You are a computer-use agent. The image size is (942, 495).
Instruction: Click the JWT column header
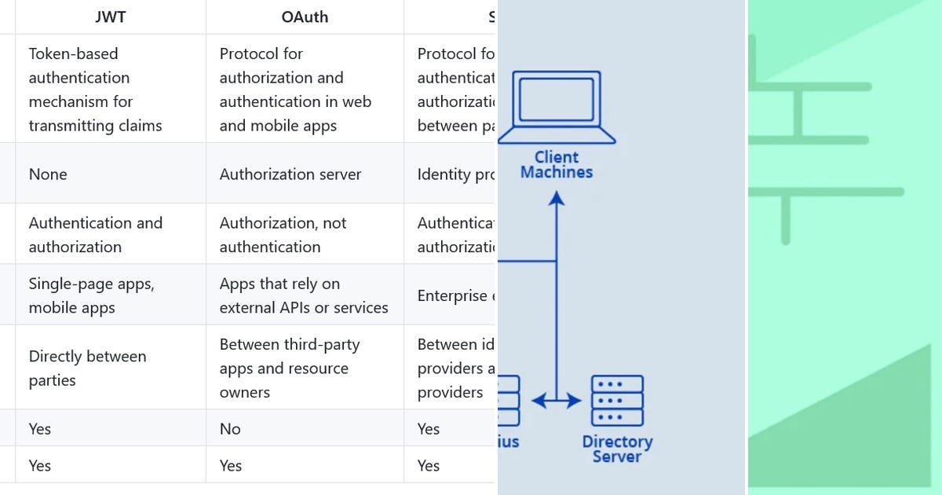109,16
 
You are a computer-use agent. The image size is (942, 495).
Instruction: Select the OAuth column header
304,16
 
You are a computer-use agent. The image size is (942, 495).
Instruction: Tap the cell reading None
48,174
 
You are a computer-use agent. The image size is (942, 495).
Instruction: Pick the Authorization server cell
290,174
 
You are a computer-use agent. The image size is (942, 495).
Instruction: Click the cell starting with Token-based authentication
95,90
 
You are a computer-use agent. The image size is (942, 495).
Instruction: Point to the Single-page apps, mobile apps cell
91,295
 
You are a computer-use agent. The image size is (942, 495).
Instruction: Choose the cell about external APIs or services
303,295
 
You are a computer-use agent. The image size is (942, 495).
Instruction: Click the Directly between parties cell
87,368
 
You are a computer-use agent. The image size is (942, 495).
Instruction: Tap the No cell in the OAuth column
230,428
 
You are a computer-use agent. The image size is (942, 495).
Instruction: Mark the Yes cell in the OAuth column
230,465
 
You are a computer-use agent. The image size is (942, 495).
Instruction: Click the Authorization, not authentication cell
283,234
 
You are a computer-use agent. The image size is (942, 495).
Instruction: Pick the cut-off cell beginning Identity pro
456,174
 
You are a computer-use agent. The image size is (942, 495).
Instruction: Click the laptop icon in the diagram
557,107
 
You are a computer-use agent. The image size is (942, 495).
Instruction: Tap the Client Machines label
557,164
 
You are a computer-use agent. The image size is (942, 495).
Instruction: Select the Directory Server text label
617,449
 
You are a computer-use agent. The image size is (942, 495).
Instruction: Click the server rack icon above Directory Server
617,401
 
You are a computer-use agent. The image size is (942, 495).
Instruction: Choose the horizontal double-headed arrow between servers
557,401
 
